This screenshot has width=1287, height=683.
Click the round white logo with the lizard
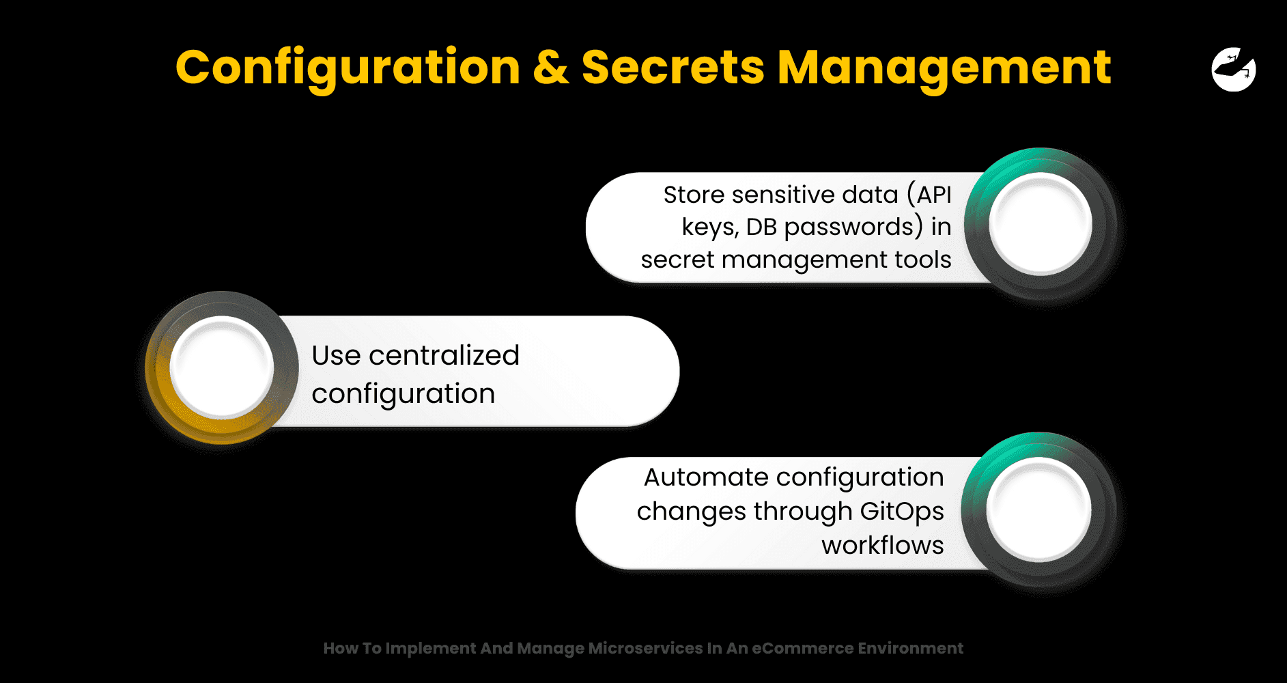point(1234,69)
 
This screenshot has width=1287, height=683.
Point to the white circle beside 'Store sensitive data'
point(1041,223)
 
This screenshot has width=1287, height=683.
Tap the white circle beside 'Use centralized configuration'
point(222,367)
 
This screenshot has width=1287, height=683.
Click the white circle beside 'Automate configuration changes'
point(1038,509)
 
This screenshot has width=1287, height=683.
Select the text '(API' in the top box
point(929,195)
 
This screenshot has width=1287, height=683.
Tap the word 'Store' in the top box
point(694,195)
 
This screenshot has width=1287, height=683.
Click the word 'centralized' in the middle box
point(444,355)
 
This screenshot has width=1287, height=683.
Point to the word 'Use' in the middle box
point(336,356)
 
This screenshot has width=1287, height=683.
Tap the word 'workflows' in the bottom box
point(883,545)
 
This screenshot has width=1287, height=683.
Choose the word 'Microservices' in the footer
point(645,648)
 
